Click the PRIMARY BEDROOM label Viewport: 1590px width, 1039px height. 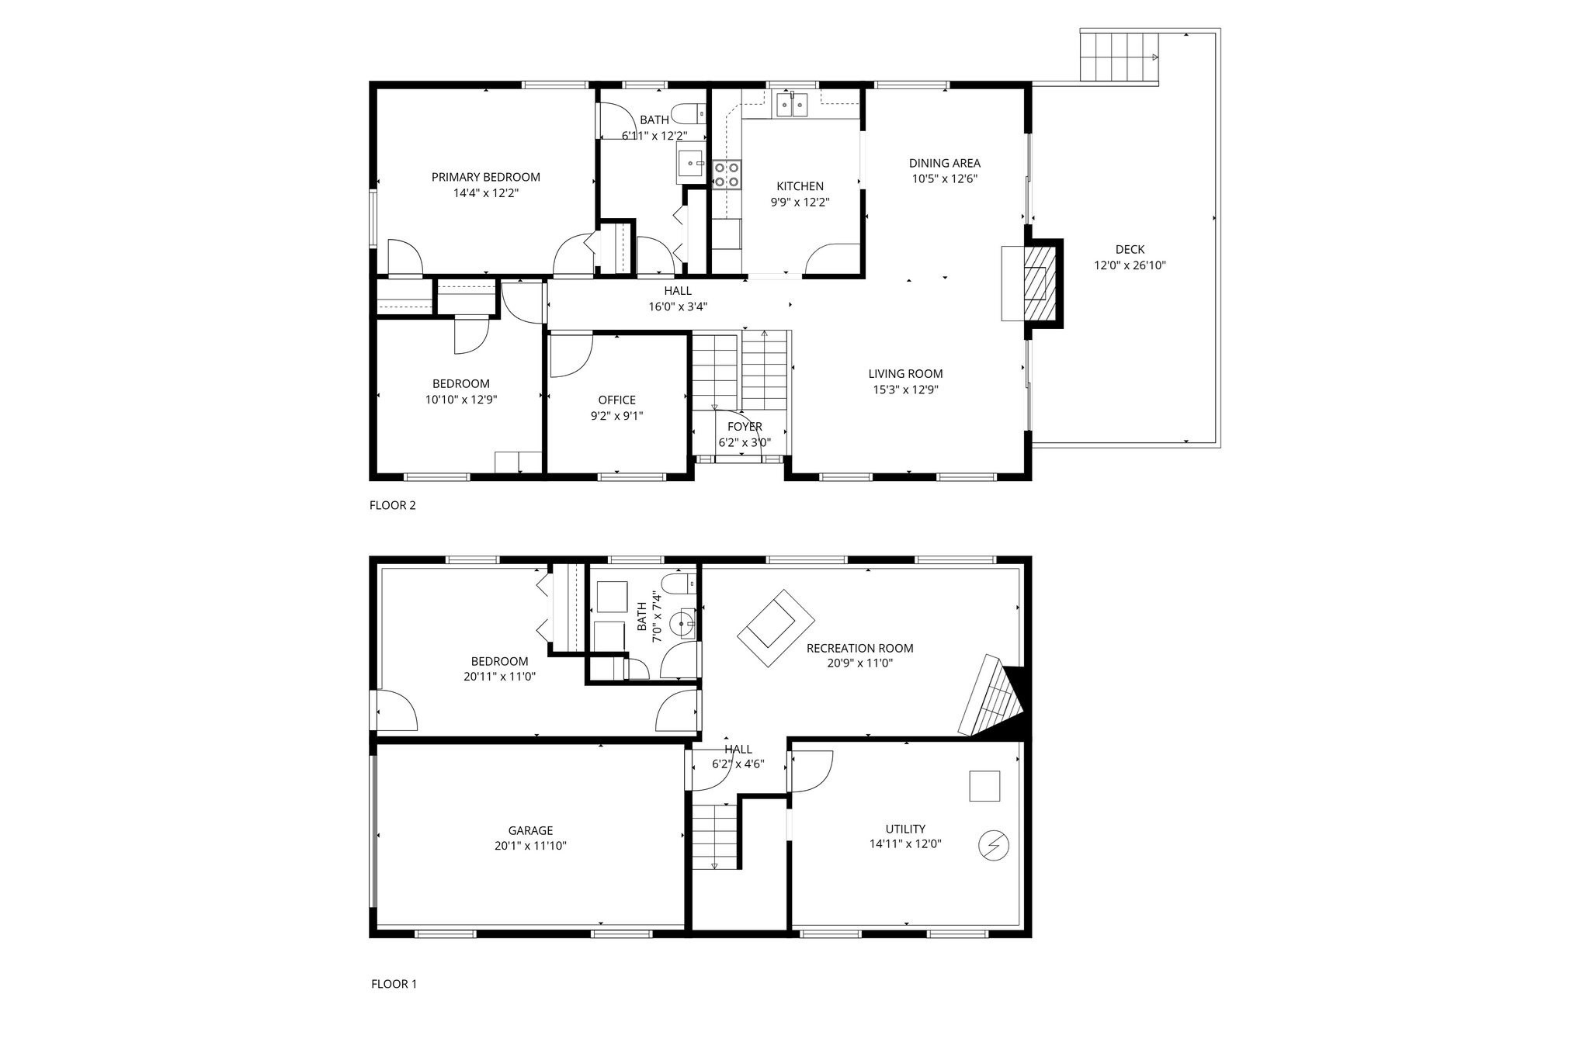tap(485, 177)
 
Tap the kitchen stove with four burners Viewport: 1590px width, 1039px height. tap(727, 175)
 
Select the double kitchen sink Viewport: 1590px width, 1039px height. tap(792, 104)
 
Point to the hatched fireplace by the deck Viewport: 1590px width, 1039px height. tap(1040, 282)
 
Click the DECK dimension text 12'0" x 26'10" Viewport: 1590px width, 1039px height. tap(1130, 265)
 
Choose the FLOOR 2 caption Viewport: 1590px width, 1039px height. tap(392, 505)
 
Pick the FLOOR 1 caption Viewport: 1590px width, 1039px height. tap(394, 984)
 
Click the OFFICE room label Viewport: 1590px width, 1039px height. tap(616, 400)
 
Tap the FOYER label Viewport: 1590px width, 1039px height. tap(745, 427)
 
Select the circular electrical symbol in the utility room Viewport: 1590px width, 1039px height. tap(993, 845)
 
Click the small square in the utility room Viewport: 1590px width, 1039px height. tap(984, 785)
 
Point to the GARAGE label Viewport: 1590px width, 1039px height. tap(530, 830)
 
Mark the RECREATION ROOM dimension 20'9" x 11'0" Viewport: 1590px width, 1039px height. tap(859, 663)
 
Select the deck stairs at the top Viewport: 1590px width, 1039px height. tap(1119, 56)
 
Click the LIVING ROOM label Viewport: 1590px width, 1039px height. tap(905, 373)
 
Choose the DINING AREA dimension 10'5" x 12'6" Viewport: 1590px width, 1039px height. tap(944, 178)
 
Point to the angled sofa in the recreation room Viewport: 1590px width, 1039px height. tap(776, 628)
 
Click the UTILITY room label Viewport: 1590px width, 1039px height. tap(905, 829)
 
